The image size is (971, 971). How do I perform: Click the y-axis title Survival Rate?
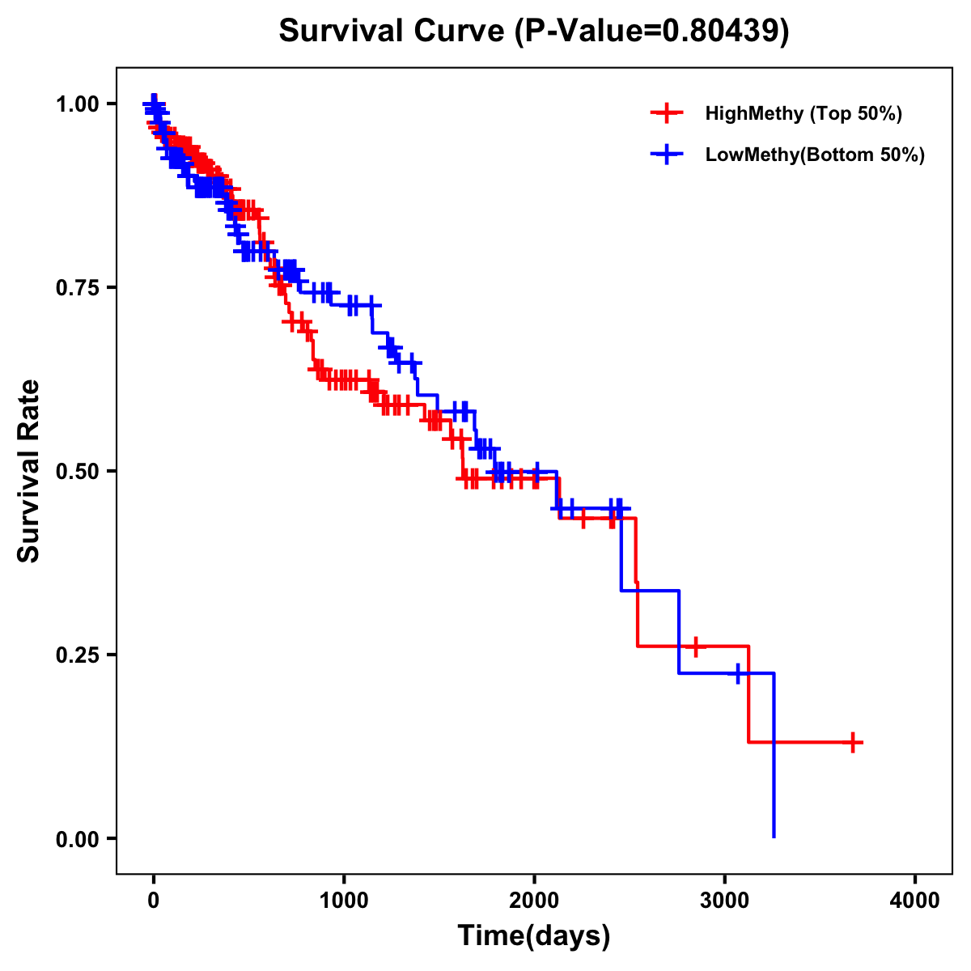point(29,470)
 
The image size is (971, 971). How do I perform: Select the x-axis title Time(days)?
point(534,935)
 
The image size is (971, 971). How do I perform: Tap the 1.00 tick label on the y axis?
point(77,104)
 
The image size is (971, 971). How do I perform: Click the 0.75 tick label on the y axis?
point(77,287)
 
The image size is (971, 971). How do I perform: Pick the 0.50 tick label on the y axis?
point(77,471)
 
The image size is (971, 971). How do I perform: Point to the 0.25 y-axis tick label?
point(77,655)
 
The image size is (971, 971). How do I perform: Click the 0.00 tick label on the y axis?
point(77,838)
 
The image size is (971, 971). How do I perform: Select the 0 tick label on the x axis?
point(154,900)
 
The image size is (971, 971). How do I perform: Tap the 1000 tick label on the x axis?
point(344,900)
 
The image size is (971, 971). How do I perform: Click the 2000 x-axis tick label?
point(534,900)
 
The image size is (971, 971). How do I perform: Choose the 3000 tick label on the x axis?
point(725,900)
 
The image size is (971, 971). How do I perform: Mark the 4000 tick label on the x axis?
point(915,900)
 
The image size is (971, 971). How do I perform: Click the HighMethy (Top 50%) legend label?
point(804,113)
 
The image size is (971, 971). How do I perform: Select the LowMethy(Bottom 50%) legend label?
point(815,155)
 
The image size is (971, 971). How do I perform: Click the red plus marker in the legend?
point(667,113)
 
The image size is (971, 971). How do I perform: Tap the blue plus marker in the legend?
point(667,155)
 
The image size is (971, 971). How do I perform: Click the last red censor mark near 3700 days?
point(853,742)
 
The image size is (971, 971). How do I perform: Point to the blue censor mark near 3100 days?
point(738,673)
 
